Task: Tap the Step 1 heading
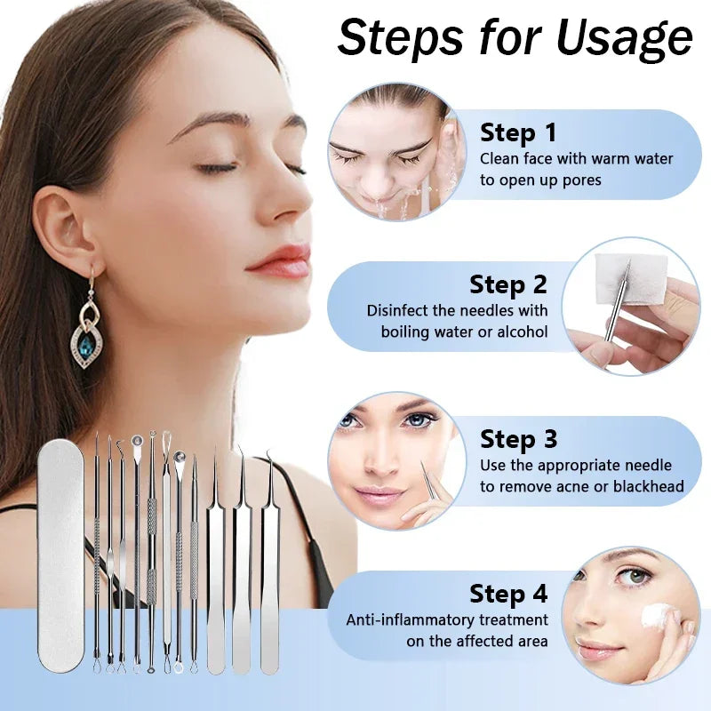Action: pyautogui.click(x=518, y=133)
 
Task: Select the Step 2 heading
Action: pyautogui.click(x=508, y=284)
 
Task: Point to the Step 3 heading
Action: pyautogui.click(x=518, y=439)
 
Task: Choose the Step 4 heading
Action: pyautogui.click(x=508, y=594)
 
